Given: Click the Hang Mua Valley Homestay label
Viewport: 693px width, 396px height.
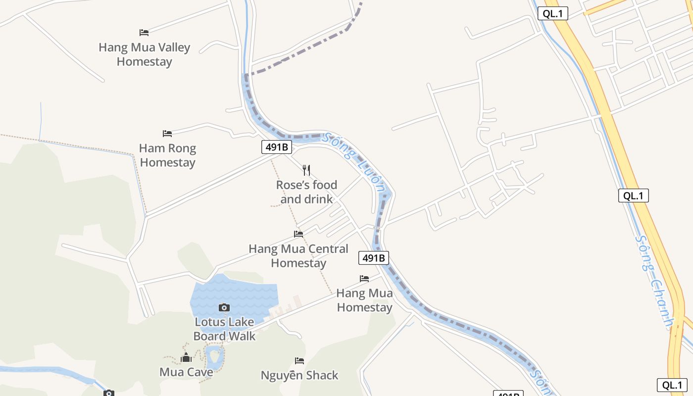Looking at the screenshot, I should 144,54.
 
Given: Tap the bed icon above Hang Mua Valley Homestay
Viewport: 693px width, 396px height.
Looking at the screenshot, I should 144,33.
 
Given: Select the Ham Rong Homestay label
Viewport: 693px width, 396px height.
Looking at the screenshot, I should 167,155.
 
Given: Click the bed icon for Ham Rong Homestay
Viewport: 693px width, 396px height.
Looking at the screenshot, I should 167,134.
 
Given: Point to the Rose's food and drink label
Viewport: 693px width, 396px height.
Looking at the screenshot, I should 306,192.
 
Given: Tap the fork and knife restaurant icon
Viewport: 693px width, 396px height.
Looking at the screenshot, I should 306,170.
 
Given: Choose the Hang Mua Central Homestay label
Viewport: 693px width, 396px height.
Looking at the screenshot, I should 298,256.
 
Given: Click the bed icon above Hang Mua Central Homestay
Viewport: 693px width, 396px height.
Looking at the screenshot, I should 298,234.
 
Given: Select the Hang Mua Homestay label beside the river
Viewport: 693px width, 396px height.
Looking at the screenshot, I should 364,300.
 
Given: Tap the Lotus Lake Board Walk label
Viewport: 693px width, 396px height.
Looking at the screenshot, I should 224,329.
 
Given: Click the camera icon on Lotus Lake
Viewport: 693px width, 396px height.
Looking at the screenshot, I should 224,308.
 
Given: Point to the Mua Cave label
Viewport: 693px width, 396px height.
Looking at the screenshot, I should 186,372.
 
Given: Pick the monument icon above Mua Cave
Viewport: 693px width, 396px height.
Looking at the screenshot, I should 186,357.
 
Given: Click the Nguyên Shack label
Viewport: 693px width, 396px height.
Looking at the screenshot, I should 299,376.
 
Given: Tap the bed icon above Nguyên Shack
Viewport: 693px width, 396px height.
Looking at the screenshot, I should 299,361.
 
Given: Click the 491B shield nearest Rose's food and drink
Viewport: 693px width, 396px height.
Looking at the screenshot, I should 276,147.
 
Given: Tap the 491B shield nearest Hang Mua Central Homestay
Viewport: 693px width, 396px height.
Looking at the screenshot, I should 374,258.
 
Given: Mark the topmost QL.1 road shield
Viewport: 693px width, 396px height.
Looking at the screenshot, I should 552,14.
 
